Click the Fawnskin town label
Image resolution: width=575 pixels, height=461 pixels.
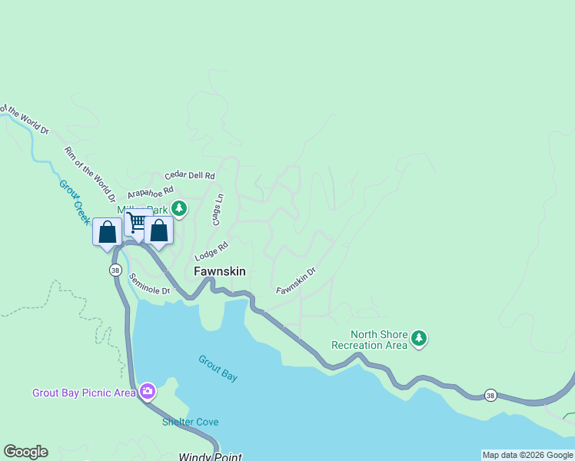tap(219, 271)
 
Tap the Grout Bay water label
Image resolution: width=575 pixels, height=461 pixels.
tap(218, 368)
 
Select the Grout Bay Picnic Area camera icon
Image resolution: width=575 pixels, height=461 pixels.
tap(147, 392)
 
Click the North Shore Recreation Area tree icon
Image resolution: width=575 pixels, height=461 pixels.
tap(419, 338)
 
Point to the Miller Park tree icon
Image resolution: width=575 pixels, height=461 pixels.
tap(179, 208)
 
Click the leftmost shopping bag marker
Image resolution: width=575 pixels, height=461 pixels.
tap(107, 231)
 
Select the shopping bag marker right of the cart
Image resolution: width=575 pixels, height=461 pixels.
tap(158, 230)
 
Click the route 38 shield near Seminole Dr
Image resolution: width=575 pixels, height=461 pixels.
tap(115, 270)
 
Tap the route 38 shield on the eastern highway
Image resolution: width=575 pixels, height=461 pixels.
tap(490, 395)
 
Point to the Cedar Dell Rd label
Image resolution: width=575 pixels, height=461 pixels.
tap(190, 176)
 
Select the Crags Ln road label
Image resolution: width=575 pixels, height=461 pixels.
tap(218, 210)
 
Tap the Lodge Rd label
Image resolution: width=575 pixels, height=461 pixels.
tap(212, 251)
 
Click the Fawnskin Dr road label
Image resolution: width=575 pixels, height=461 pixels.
tap(296, 280)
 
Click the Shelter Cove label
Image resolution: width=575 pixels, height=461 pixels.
tap(190, 422)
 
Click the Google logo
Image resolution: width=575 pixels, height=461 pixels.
tap(25, 452)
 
